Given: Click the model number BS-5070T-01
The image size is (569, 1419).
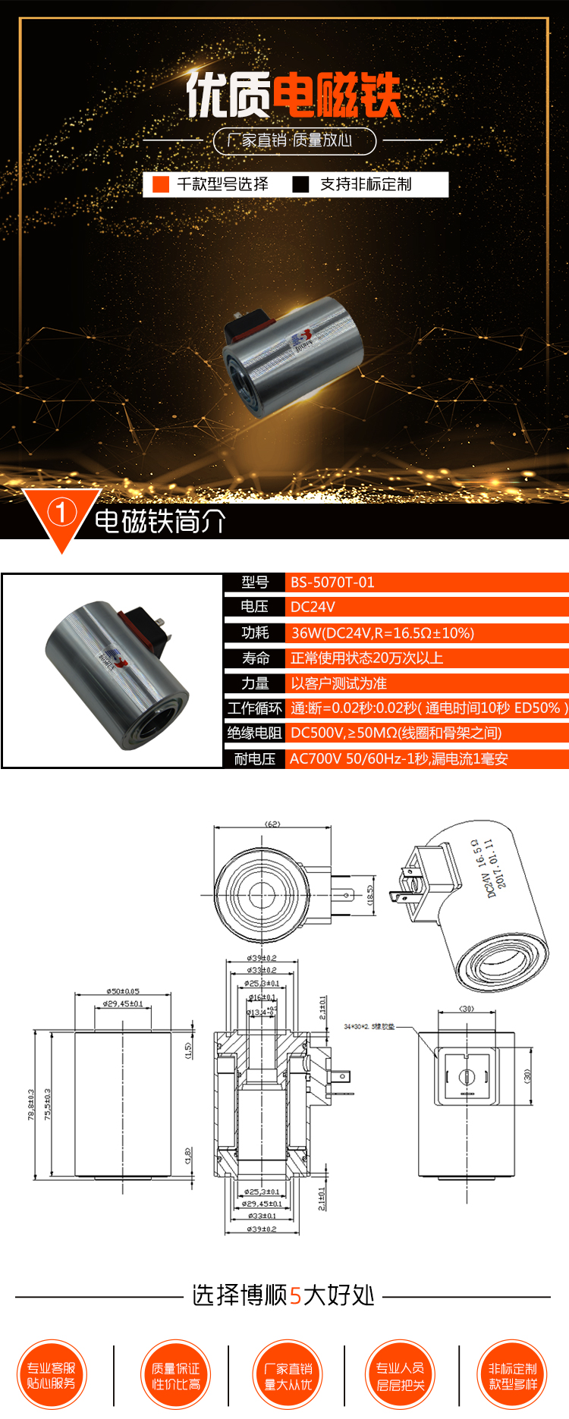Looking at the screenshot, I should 332,582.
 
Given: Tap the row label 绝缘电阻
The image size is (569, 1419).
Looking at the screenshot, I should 254,733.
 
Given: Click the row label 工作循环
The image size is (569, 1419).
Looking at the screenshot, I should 254,708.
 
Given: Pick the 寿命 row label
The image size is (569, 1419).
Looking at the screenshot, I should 255,658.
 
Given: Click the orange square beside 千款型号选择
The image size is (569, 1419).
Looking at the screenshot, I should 161,184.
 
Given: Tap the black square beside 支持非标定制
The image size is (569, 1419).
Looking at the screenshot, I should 301,184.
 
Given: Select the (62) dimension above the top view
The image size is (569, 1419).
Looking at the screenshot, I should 272,824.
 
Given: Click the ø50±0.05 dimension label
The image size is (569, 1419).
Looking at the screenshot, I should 122,991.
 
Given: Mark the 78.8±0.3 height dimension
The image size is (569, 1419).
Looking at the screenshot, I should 31,1104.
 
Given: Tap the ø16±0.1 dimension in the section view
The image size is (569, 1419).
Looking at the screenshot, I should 262,997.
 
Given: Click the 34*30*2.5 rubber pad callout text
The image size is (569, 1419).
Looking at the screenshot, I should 369,1027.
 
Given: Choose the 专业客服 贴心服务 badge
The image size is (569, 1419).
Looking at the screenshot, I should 52,1376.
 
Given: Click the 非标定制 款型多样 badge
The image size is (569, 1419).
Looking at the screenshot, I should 512,1376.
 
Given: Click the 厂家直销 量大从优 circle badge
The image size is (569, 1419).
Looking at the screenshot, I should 288,1376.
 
